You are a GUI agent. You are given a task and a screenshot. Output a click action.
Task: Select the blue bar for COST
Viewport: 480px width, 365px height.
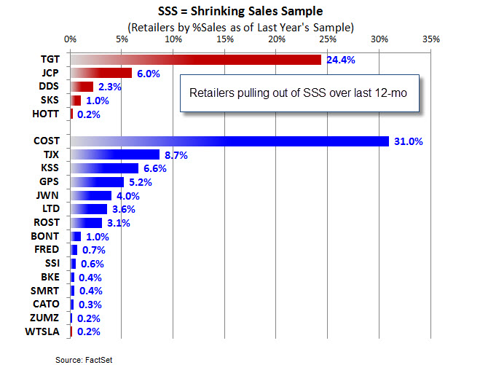click(x=229, y=141)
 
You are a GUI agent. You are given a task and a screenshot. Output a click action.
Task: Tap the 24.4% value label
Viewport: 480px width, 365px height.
click(x=339, y=60)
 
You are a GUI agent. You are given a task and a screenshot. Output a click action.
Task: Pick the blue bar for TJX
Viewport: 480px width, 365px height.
click(x=115, y=154)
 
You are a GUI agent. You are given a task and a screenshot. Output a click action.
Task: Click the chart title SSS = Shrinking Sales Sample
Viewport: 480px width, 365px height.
click(x=240, y=12)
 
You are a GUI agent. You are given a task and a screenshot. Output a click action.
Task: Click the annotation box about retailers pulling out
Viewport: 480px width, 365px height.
click(x=301, y=94)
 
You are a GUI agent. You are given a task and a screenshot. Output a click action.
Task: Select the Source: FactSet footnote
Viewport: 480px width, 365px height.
click(x=82, y=359)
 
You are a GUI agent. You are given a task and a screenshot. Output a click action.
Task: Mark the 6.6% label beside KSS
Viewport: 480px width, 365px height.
click(x=154, y=168)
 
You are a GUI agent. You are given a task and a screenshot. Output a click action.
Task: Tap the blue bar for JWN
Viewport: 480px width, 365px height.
click(x=91, y=195)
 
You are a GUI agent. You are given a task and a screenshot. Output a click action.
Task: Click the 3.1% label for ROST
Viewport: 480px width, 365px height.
click(x=117, y=223)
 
